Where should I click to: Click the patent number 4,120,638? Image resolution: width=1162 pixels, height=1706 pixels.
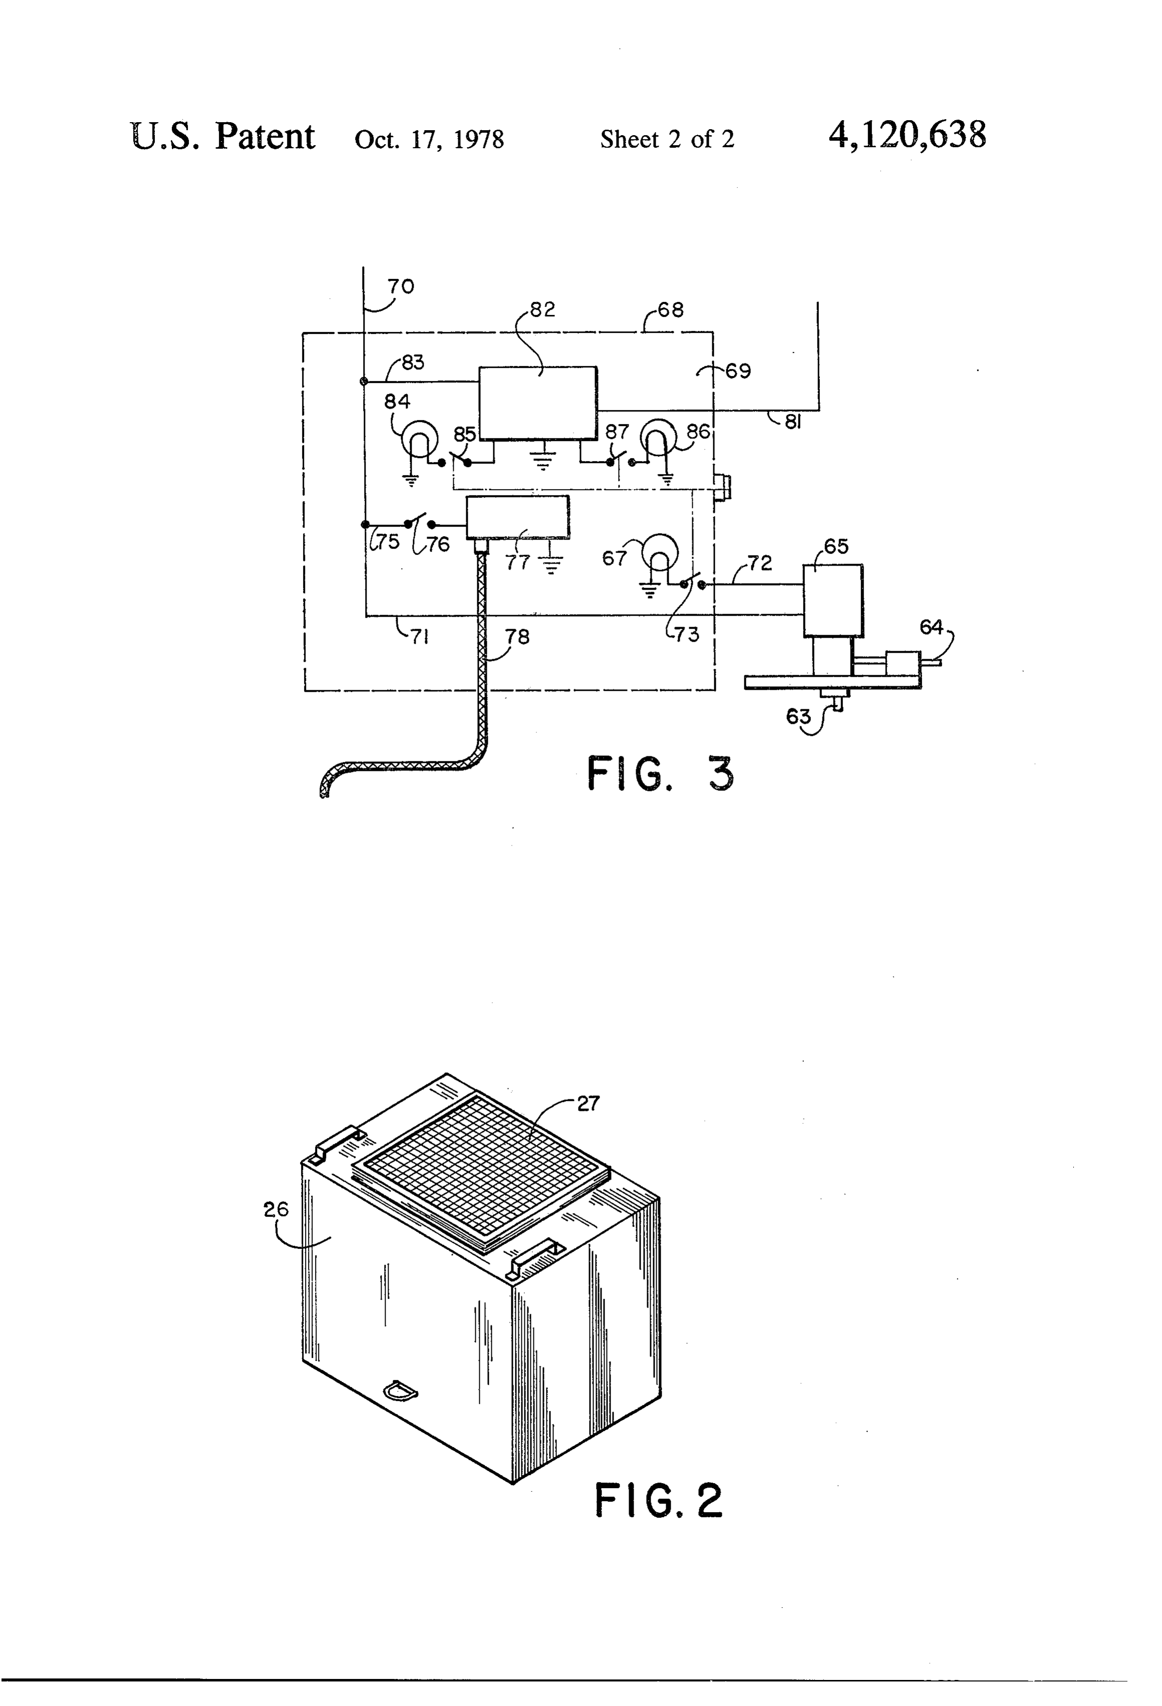click(907, 136)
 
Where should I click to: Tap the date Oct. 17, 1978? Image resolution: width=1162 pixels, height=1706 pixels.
click(429, 139)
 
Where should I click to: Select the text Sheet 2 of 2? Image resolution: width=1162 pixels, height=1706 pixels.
click(667, 139)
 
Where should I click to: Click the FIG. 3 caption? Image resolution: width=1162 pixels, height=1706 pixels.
click(660, 774)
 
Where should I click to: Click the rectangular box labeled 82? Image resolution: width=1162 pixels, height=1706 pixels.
click(537, 403)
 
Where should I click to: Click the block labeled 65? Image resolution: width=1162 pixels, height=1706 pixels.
click(833, 600)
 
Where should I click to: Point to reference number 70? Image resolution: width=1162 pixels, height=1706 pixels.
click(401, 286)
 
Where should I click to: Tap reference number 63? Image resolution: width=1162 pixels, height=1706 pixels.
click(798, 716)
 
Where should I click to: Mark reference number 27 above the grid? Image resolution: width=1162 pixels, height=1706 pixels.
click(589, 1103)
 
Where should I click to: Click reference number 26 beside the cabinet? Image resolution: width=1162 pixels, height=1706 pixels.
click(276, 1209)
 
